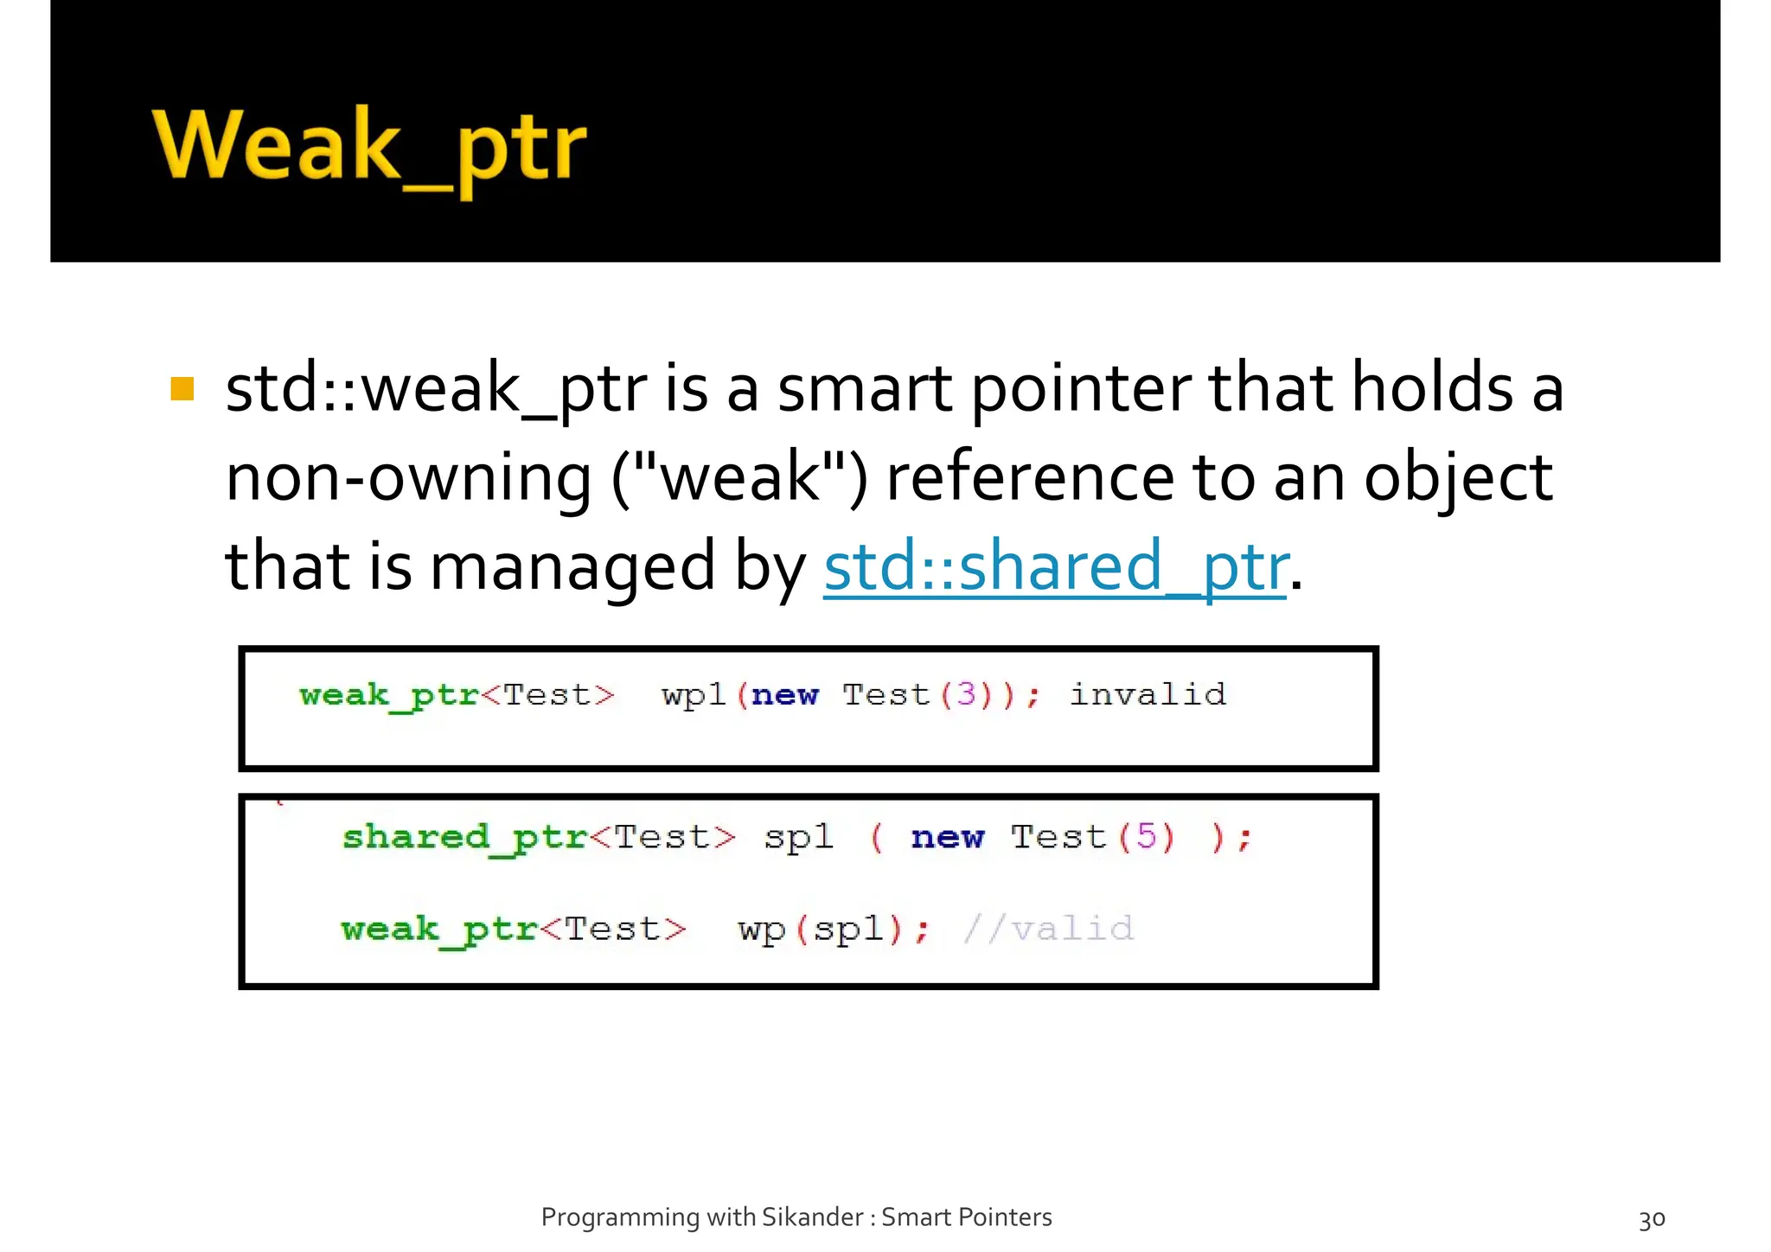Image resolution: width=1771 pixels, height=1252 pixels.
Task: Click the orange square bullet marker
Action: pos(182,389)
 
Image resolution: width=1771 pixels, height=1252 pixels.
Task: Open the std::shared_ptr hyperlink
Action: pos(1056,566)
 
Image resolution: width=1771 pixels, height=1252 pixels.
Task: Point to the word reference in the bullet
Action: pos(1029,478)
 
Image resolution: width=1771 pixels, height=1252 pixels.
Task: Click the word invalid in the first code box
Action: pos(1148,694)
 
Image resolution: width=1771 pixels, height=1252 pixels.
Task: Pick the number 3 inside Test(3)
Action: pos(966,694)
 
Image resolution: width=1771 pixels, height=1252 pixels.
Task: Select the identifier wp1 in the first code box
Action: pos(693,694)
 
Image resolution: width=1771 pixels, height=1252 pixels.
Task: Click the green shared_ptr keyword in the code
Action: pos(464,837)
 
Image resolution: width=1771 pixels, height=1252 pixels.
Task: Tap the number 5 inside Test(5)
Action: pos(1146,836)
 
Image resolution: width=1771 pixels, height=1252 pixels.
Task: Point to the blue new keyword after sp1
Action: pos(947,837)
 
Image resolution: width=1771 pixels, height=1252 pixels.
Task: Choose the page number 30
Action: pos(1652,1219)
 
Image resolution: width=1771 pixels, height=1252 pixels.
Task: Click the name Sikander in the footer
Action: pos(812,1217)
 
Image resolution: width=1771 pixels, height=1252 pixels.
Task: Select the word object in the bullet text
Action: pos(1458,478)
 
